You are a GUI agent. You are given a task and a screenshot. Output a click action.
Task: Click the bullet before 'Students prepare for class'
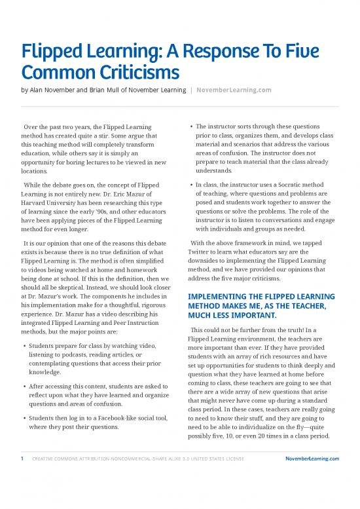click(x=24, y=345)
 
